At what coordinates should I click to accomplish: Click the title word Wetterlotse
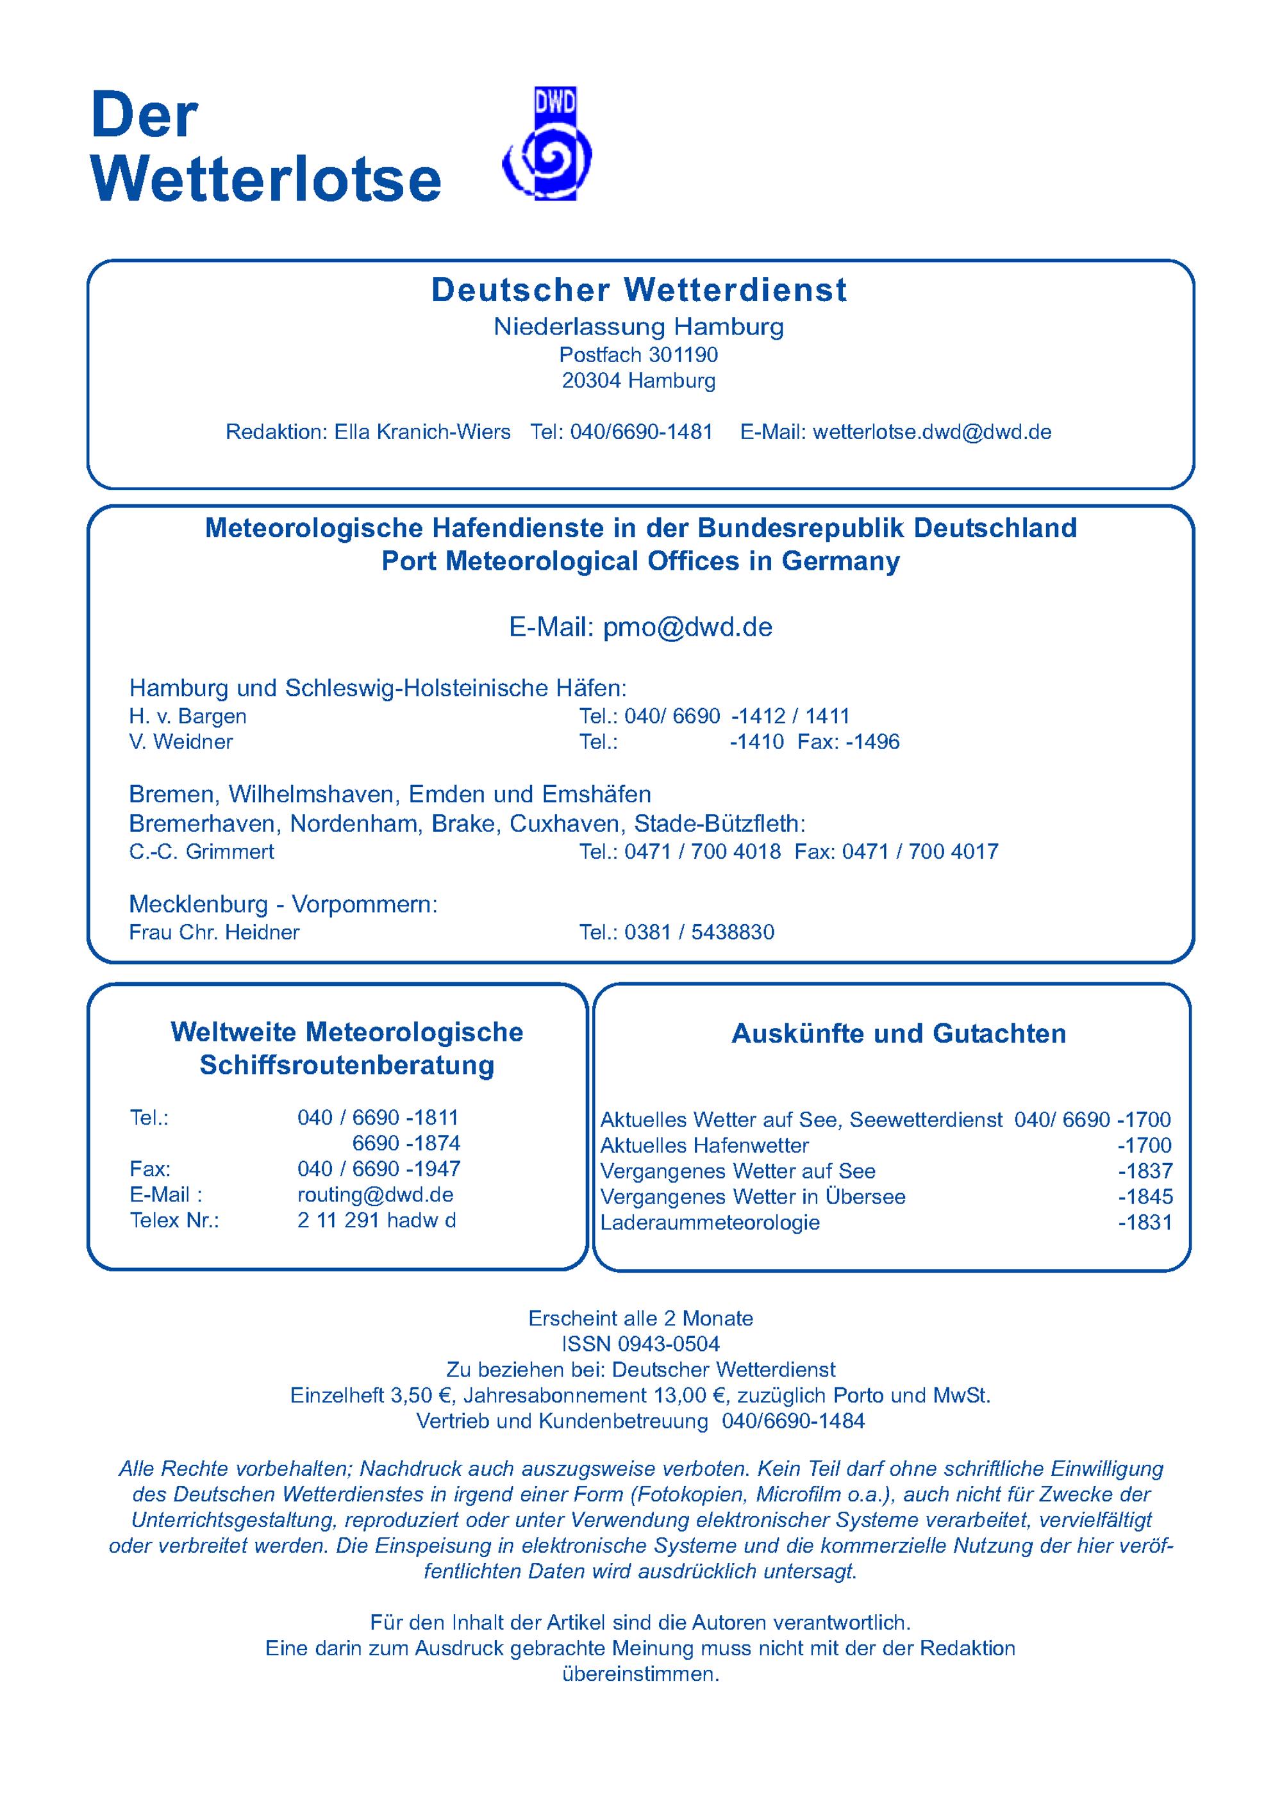point(266,179)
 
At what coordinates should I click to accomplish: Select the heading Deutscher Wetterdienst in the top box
point(639,290)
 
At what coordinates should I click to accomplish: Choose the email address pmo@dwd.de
point(687,627)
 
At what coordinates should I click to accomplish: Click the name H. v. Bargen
point(188,716)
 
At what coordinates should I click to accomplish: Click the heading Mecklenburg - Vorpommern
point(283,904)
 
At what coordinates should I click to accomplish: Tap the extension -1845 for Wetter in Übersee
point(1145,1196)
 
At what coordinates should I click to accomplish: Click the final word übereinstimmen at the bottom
point(640,1674)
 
